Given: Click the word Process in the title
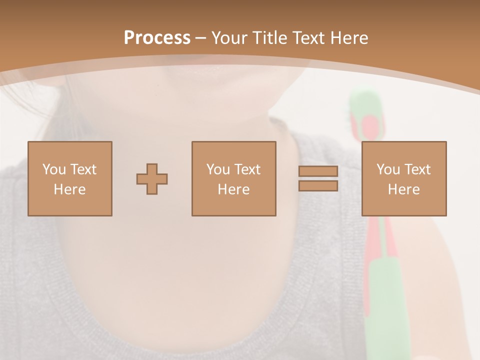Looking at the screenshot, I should pos(157,38).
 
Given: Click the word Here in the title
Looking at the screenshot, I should pos(348,38).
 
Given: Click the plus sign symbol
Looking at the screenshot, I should pos(152,179).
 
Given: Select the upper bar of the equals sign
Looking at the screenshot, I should pos(318,171).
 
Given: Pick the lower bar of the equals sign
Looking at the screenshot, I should pos(318,186).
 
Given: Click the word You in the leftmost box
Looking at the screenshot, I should pos(54,169).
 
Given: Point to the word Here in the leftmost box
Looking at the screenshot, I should pos(69,189).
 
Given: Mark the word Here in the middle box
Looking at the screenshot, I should pos(233,189).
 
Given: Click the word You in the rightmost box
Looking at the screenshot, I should pos(388,169).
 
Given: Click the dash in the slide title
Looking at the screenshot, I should pos(200,38).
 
